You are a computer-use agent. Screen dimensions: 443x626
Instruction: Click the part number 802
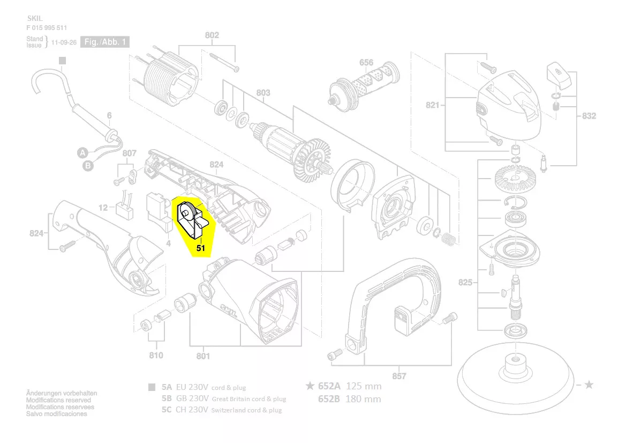tap(212, 36)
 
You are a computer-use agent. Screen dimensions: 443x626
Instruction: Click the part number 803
tap(263, 93)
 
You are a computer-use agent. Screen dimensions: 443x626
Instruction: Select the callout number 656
tap(366, 63)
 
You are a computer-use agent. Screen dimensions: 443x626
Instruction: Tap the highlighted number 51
tap(201, 248)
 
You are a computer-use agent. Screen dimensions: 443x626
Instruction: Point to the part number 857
tap(399, 376)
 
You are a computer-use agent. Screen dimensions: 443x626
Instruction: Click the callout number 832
tap(589, 116)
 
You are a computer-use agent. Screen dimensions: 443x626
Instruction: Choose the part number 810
tap(156, 355)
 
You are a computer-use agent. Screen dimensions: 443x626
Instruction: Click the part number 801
tap(203, 356)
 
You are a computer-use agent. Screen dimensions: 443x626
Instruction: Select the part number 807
tap(129, 153)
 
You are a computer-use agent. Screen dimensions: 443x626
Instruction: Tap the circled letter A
tap(83, 152)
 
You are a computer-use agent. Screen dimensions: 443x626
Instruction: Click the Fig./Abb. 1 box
tap(105, 42)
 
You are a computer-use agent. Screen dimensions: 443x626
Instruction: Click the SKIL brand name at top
tap(34, 18)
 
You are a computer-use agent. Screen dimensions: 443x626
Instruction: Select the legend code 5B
tap(167, 398)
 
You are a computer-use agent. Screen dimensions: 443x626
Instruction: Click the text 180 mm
tap(364, 398)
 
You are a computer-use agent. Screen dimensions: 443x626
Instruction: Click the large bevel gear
tap(511, 179)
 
